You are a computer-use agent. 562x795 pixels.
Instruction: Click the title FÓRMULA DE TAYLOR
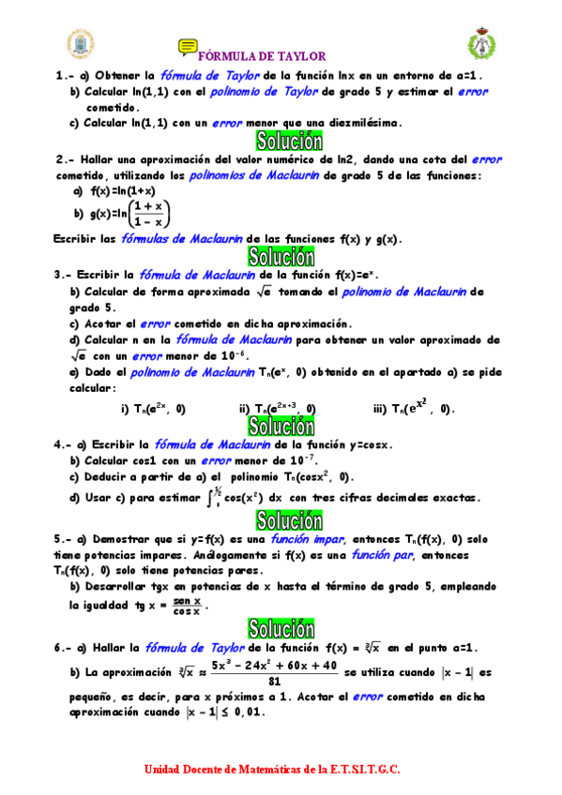(264, 56)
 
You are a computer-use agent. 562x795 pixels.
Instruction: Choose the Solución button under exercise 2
(281, 256)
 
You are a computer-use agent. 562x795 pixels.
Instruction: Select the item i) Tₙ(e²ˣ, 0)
(153, 408)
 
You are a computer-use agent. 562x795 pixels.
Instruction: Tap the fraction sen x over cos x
(186, 606)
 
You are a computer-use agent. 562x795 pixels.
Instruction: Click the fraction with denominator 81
(274, 672)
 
